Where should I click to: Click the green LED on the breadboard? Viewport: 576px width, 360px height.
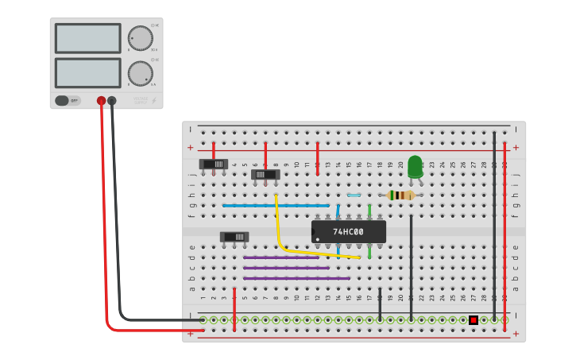click(x=415, y=166)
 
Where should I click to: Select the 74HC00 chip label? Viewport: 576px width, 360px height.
click(x=348, y=232)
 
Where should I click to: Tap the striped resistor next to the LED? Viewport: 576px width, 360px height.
click(x=400, y=195)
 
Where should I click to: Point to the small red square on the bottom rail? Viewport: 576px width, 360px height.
click(x=474, y=319)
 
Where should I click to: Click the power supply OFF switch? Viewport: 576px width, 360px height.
click(x=68, y=101)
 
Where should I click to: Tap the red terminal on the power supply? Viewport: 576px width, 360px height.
click(x=101, y=101)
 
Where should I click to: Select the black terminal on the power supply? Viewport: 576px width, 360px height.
click(x=112, y=101)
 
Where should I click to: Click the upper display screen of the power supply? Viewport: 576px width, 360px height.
click(x=87, y=38)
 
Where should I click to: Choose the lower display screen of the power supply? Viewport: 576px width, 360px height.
click(x=87, y=73)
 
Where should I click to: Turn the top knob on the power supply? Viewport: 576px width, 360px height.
click(x=140, y=38)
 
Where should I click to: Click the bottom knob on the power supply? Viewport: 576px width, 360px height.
click(x=140, y=73)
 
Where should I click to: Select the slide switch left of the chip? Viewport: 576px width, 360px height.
click(x=234, y=237)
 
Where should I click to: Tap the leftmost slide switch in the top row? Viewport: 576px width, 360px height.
click(x=214, y=165)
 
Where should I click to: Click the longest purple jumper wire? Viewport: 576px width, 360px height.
click(x=296, y=278)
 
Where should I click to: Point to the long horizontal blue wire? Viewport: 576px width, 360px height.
click(x=276, y=205)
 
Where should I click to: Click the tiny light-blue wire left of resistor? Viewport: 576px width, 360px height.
click(x=354, y=195)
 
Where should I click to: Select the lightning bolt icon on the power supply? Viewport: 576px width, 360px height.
click(x=154, y=101)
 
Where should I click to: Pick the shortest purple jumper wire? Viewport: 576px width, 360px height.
click(x=281, y=257)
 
